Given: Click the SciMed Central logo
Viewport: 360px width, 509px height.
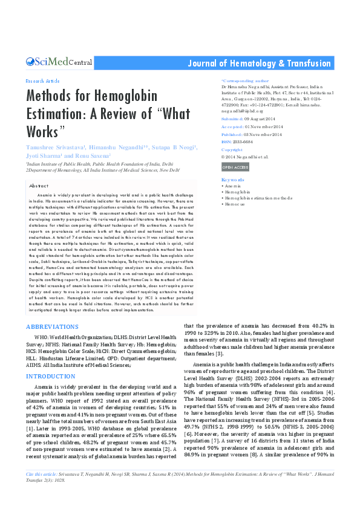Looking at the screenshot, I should [59, 62].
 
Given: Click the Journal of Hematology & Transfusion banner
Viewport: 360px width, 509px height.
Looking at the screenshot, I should [260, 63].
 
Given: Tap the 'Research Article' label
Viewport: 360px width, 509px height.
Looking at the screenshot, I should [42, 80].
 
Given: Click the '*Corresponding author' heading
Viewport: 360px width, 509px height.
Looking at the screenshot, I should [245, 80].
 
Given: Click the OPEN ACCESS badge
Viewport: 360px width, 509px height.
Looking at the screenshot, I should [235, 167].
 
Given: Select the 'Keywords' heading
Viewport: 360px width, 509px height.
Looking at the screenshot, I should [233, 180].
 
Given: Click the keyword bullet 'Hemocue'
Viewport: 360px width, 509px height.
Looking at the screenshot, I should [235, 204].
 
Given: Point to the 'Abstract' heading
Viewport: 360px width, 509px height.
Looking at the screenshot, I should [39, 186].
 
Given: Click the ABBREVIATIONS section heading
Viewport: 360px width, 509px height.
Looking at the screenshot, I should [52, 326].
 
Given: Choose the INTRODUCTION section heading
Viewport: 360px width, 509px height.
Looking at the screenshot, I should [50, 376].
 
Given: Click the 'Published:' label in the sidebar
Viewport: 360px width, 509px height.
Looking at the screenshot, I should [232, 134].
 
